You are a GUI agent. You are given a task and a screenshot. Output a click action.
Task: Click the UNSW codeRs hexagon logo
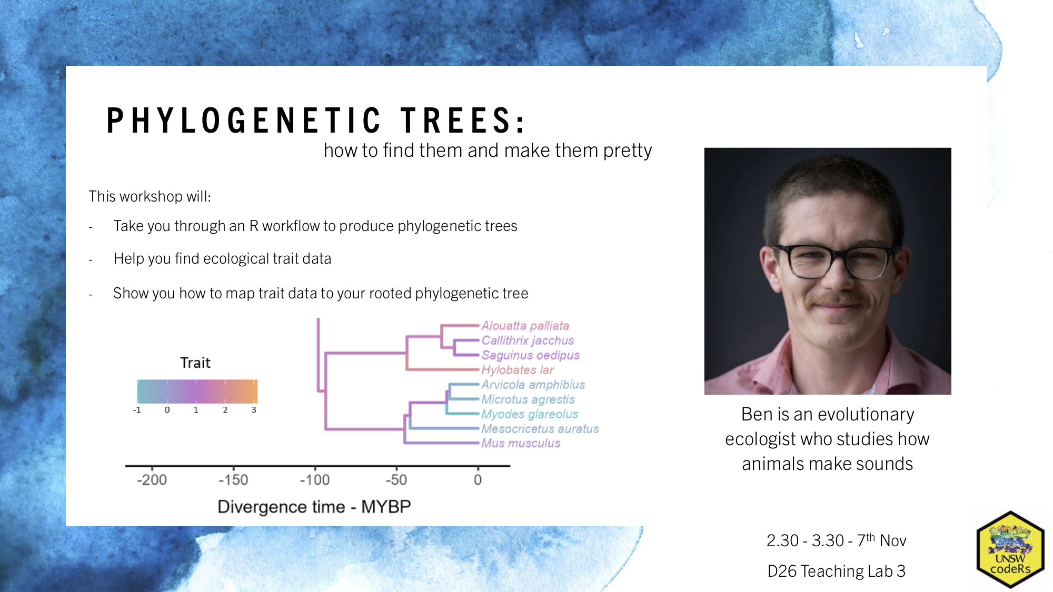[x=1010, y=549]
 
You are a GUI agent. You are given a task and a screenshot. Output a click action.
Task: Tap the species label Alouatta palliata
[x=525, y=326]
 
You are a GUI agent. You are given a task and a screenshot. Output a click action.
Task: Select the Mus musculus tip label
[x=521, y=443]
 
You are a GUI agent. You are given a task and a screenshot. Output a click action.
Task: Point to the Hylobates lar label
[x=518, y=370]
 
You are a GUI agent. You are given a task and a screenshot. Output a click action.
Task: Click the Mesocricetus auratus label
[x=540, y=429]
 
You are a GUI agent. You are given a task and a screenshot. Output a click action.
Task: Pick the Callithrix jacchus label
[x=528, y=340]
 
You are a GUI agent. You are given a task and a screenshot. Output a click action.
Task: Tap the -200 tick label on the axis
[x=152, y=480]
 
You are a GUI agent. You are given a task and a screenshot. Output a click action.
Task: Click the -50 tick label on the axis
[x=396, y=480]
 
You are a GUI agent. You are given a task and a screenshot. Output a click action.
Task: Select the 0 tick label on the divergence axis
[x=478, y=480]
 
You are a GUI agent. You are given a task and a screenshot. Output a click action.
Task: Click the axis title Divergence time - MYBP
[x=314, y=507]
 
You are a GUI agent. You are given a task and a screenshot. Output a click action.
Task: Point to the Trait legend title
[x=195, y=363]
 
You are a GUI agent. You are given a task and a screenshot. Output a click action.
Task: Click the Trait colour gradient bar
[x=197, y=392]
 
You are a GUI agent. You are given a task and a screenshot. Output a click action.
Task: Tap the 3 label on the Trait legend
[x=254, y=410]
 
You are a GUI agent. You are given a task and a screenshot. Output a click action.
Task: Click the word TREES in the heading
[x=463, y=121]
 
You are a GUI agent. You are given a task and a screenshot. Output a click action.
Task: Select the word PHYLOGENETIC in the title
[x=244, y=121]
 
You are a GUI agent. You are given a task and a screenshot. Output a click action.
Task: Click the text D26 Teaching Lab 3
[x=836, y=571]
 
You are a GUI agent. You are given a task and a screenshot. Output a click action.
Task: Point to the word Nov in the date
[x=893, y=540]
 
